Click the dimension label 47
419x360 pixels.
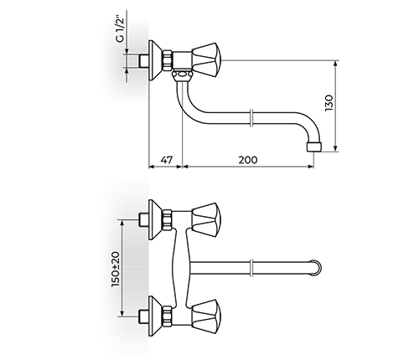pyautogui.click(x=167, y=160)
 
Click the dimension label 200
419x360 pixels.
pyautogui.click(x=248, y=160)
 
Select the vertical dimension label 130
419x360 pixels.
pyautogui.click(x=329, y=103)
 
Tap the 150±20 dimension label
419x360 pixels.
pyautogui.click(x=116, y=269)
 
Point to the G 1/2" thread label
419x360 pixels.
pyautogui.click(x=120, y=30)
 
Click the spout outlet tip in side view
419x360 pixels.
pyautogui.click(x=314, y=147)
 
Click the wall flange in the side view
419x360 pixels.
pyautogui.click(x=155, y=61)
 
